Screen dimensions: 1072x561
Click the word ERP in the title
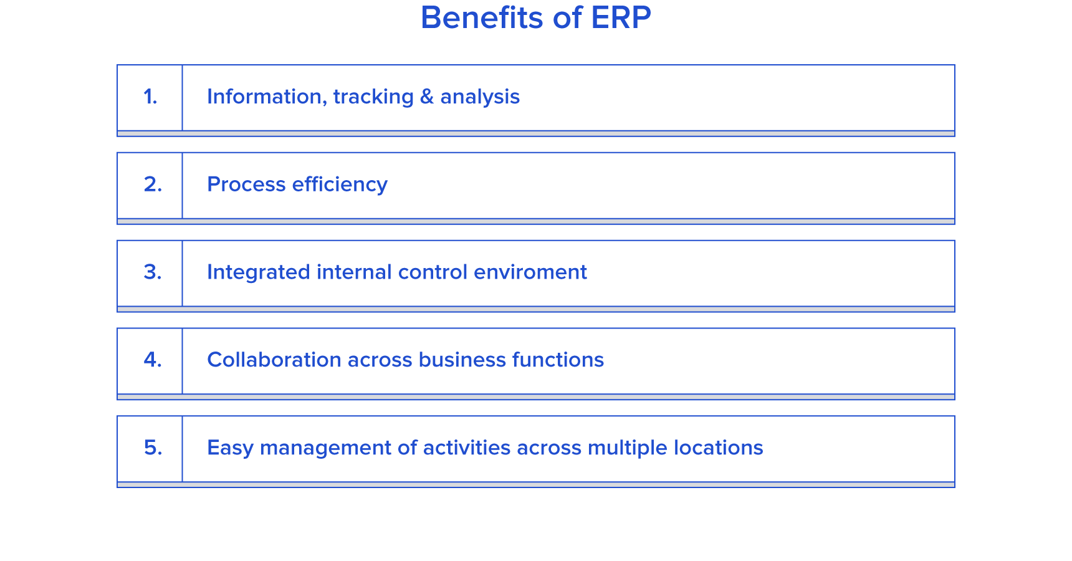click(x=621, y=17)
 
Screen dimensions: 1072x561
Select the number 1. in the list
click(x=150, y=97)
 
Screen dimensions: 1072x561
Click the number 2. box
click(x=150, y=185)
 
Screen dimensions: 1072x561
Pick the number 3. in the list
click(x=153, y=272)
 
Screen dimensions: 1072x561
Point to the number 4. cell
click(x=150, y=361)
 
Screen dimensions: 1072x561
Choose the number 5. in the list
click(x=153, y=448)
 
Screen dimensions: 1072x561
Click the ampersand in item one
click(x=427, y=97)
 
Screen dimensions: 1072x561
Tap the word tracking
click(x=373, y=97)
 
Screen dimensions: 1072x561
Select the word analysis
click(x=480, y=97)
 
